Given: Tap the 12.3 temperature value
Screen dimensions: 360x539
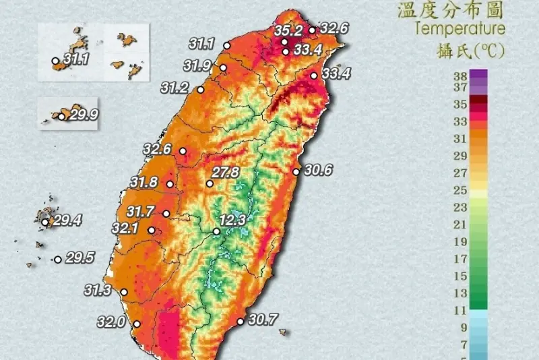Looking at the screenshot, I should point(232,220).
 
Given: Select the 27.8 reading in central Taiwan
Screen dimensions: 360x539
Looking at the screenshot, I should point(226,173).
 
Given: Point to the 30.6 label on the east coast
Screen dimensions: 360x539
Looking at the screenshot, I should point(317,171).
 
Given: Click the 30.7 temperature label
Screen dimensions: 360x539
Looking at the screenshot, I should point(263,319).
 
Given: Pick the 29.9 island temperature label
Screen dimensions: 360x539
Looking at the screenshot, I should point(84,115).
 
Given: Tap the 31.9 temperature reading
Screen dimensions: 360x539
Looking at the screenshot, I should point(197,65).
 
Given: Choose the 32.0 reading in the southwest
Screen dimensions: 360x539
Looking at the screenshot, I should point(111,322).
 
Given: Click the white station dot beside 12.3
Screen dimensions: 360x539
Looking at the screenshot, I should point(216,231).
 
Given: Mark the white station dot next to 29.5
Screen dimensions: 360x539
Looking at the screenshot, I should point(59,259).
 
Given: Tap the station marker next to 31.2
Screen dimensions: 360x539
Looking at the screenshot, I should point(200,90).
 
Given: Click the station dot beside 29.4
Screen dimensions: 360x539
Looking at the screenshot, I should point(45,222).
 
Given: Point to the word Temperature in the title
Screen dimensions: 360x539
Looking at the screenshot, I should point(460,28).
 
